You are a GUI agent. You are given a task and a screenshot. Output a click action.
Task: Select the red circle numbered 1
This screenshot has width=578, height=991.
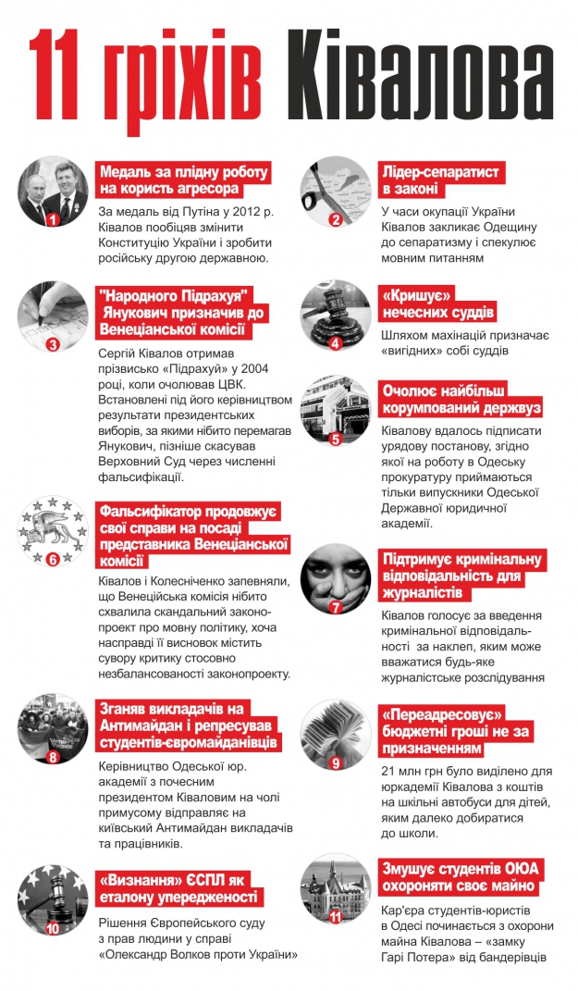click(x=53, y=220)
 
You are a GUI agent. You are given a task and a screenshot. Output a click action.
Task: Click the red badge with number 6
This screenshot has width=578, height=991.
click(x=53, y=558)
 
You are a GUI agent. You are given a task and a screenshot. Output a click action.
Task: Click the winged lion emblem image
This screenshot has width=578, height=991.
click(x=51, y=531)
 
